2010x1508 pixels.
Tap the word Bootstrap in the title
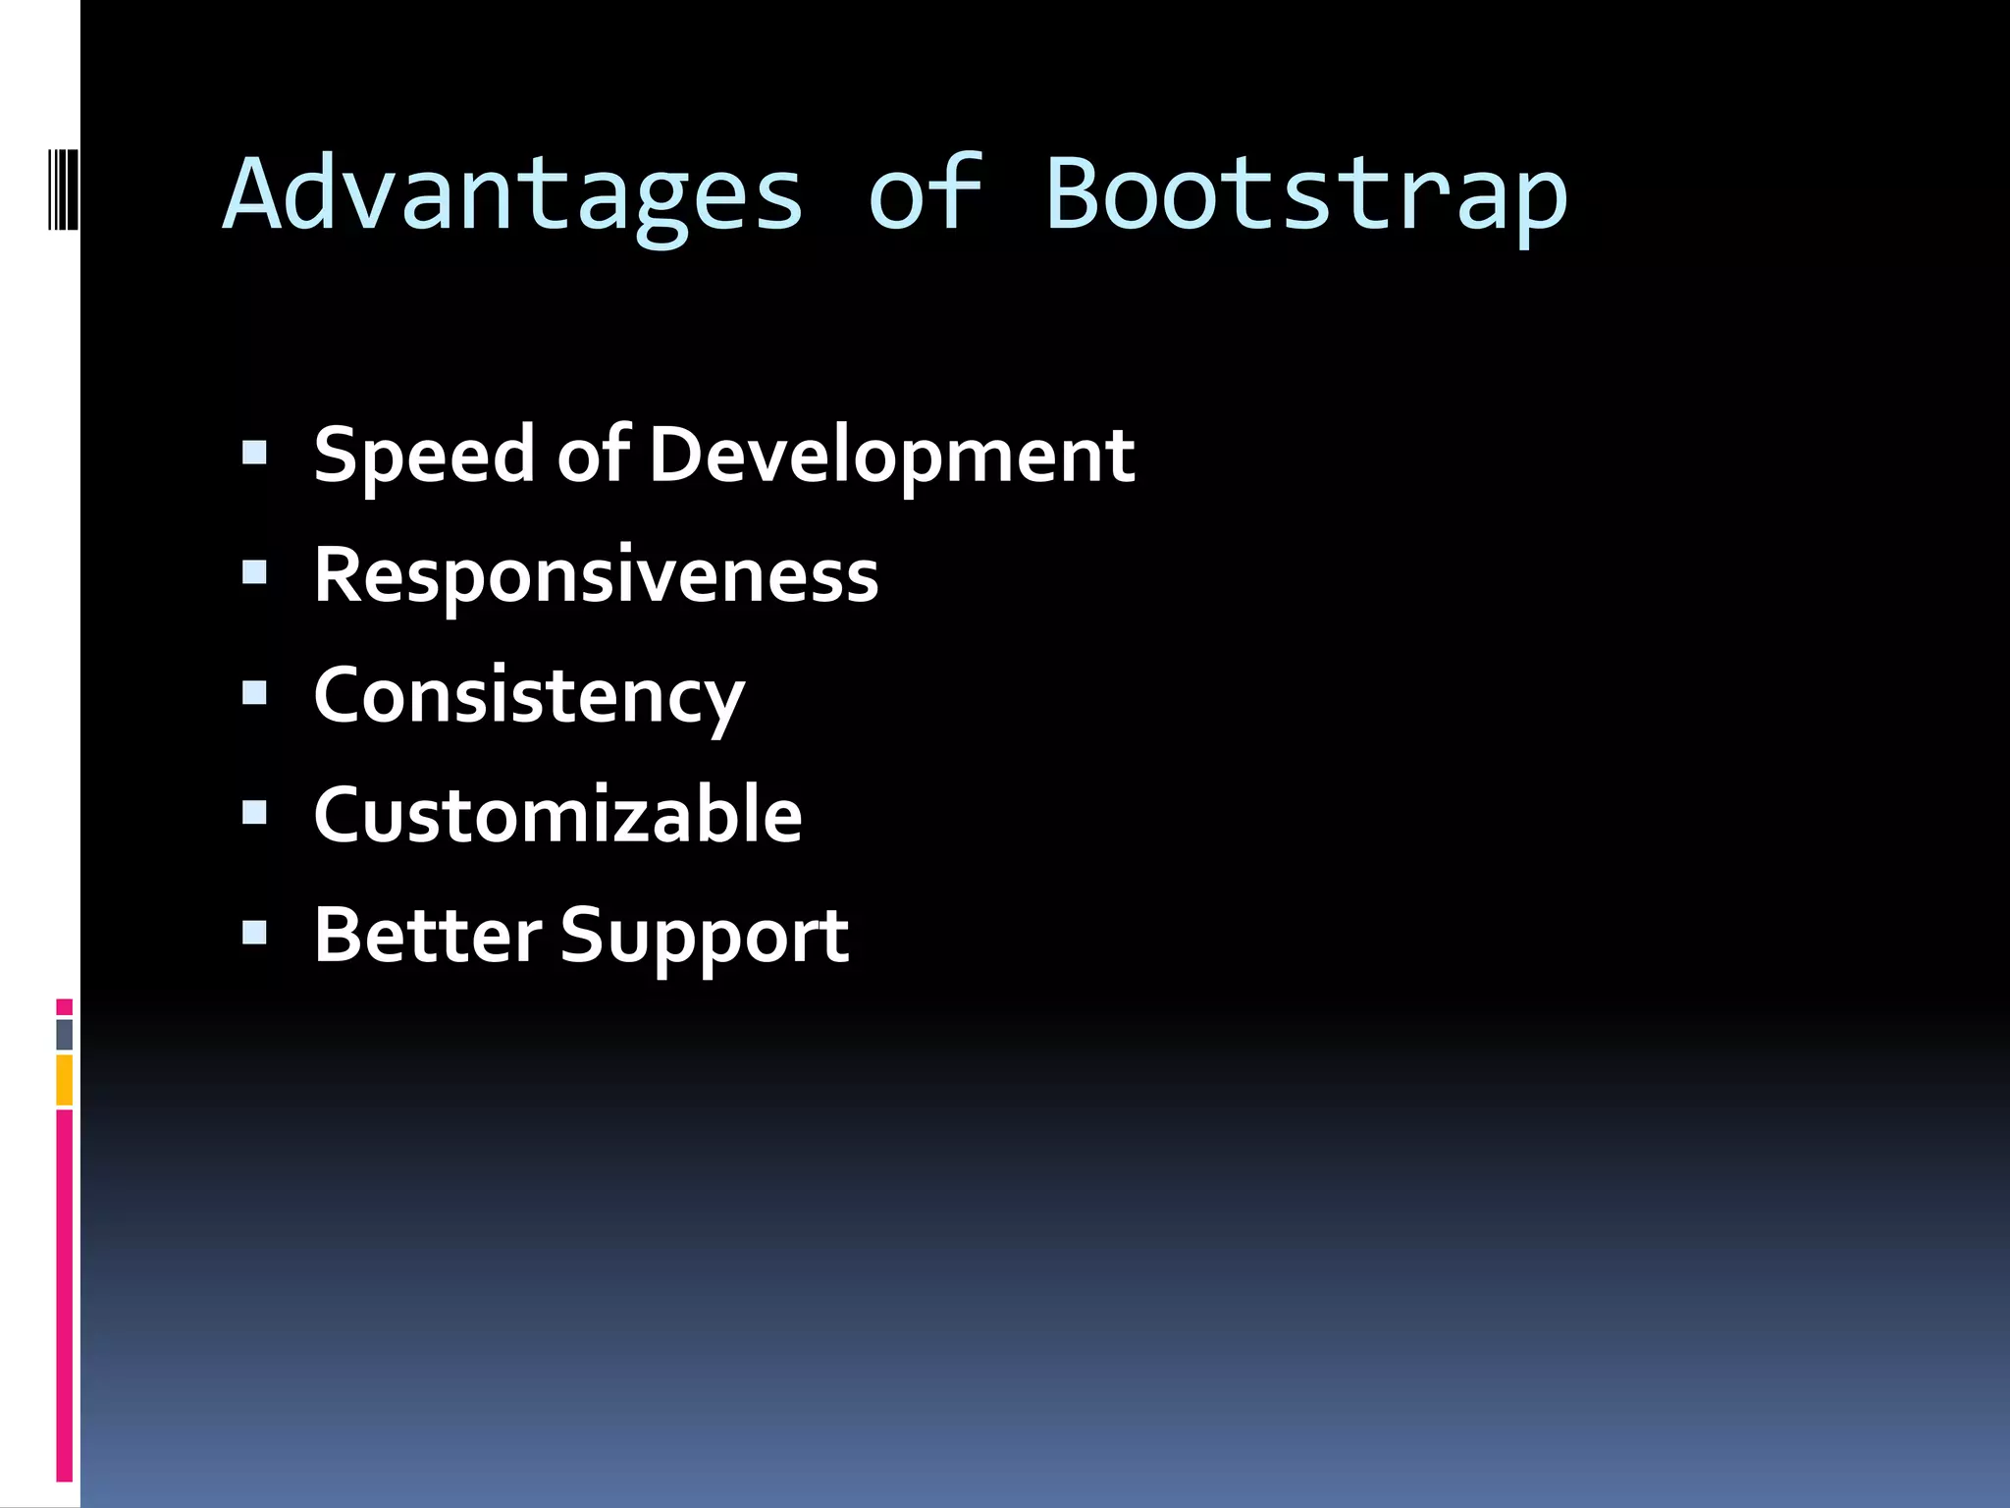pyautogui.click(x=1305, y=196)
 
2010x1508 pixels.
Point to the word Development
pyautogui.click(x=891, y=457)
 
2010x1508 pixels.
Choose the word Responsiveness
pyautogui.click(x=596, y=576)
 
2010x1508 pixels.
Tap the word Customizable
pyautogui.click(x=557, y=816)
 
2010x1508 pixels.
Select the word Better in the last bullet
pyautogui.click(x=427, y=936)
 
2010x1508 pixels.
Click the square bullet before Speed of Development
pyautogui.click(x=254, y=453)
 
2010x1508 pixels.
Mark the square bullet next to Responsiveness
pyautogui.click(x=254, y=572)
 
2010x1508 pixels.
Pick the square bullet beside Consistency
pyautogui.click(x=254, y=693)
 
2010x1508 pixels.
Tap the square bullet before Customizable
pyautogui.click(x=254, y=813)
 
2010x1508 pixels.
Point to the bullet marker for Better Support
pyautogui.click(x=254, y=933)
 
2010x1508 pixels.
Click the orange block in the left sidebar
pyautogui.click(x=64, y=1080)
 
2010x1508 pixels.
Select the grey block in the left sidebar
pyautogui.click(x=64, y=1035)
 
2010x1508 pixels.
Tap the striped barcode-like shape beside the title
pyautogui.click(x=63, y=189)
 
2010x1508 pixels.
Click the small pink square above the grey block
pyautogui.click(x=64, y=1007)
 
